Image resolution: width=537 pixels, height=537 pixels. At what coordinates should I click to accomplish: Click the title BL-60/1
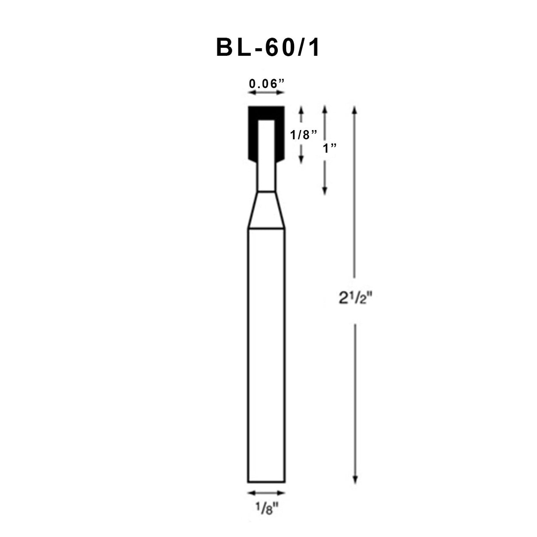pos(268,47)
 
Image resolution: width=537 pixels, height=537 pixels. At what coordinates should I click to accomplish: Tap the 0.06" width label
pos(266,83)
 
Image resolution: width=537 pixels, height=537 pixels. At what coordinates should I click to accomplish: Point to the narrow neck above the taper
pos(265,177)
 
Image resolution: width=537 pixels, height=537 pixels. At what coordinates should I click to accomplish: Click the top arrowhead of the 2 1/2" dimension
pos(354,109)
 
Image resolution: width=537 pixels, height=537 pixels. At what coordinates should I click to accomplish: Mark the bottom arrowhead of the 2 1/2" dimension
pos(354,480)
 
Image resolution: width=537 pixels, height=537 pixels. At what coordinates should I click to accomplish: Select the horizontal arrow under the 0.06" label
pos(266,92)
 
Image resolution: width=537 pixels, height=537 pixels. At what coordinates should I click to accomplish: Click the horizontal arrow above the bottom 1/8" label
pos(266,493)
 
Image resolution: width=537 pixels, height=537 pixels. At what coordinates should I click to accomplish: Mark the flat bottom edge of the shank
pos(266,482)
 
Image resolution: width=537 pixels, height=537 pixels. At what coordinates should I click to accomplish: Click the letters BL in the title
pos(234,47)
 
